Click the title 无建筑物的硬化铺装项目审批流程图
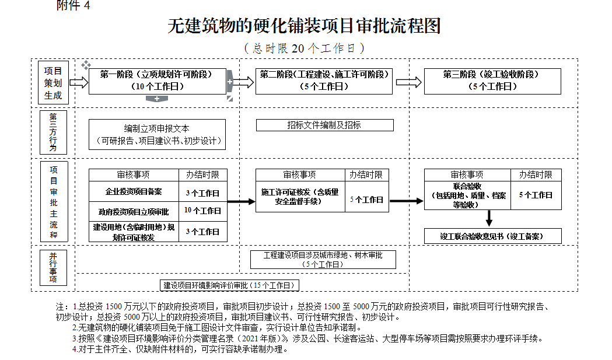pos(304,26)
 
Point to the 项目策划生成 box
pos(53,82)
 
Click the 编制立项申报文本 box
pos(157,135)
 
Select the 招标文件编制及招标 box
pos(324,125)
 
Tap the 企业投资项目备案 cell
pos(134,192)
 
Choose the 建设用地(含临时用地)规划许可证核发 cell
pos(134,232)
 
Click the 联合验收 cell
pos(467,195)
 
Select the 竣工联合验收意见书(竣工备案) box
pos(492,236)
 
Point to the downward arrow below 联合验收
pos(489,218)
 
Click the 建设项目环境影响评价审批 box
pos(230,285)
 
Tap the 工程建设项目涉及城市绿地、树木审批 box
pos(323,260)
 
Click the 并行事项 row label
pos(53,268)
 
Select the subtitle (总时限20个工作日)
pos(304,48)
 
